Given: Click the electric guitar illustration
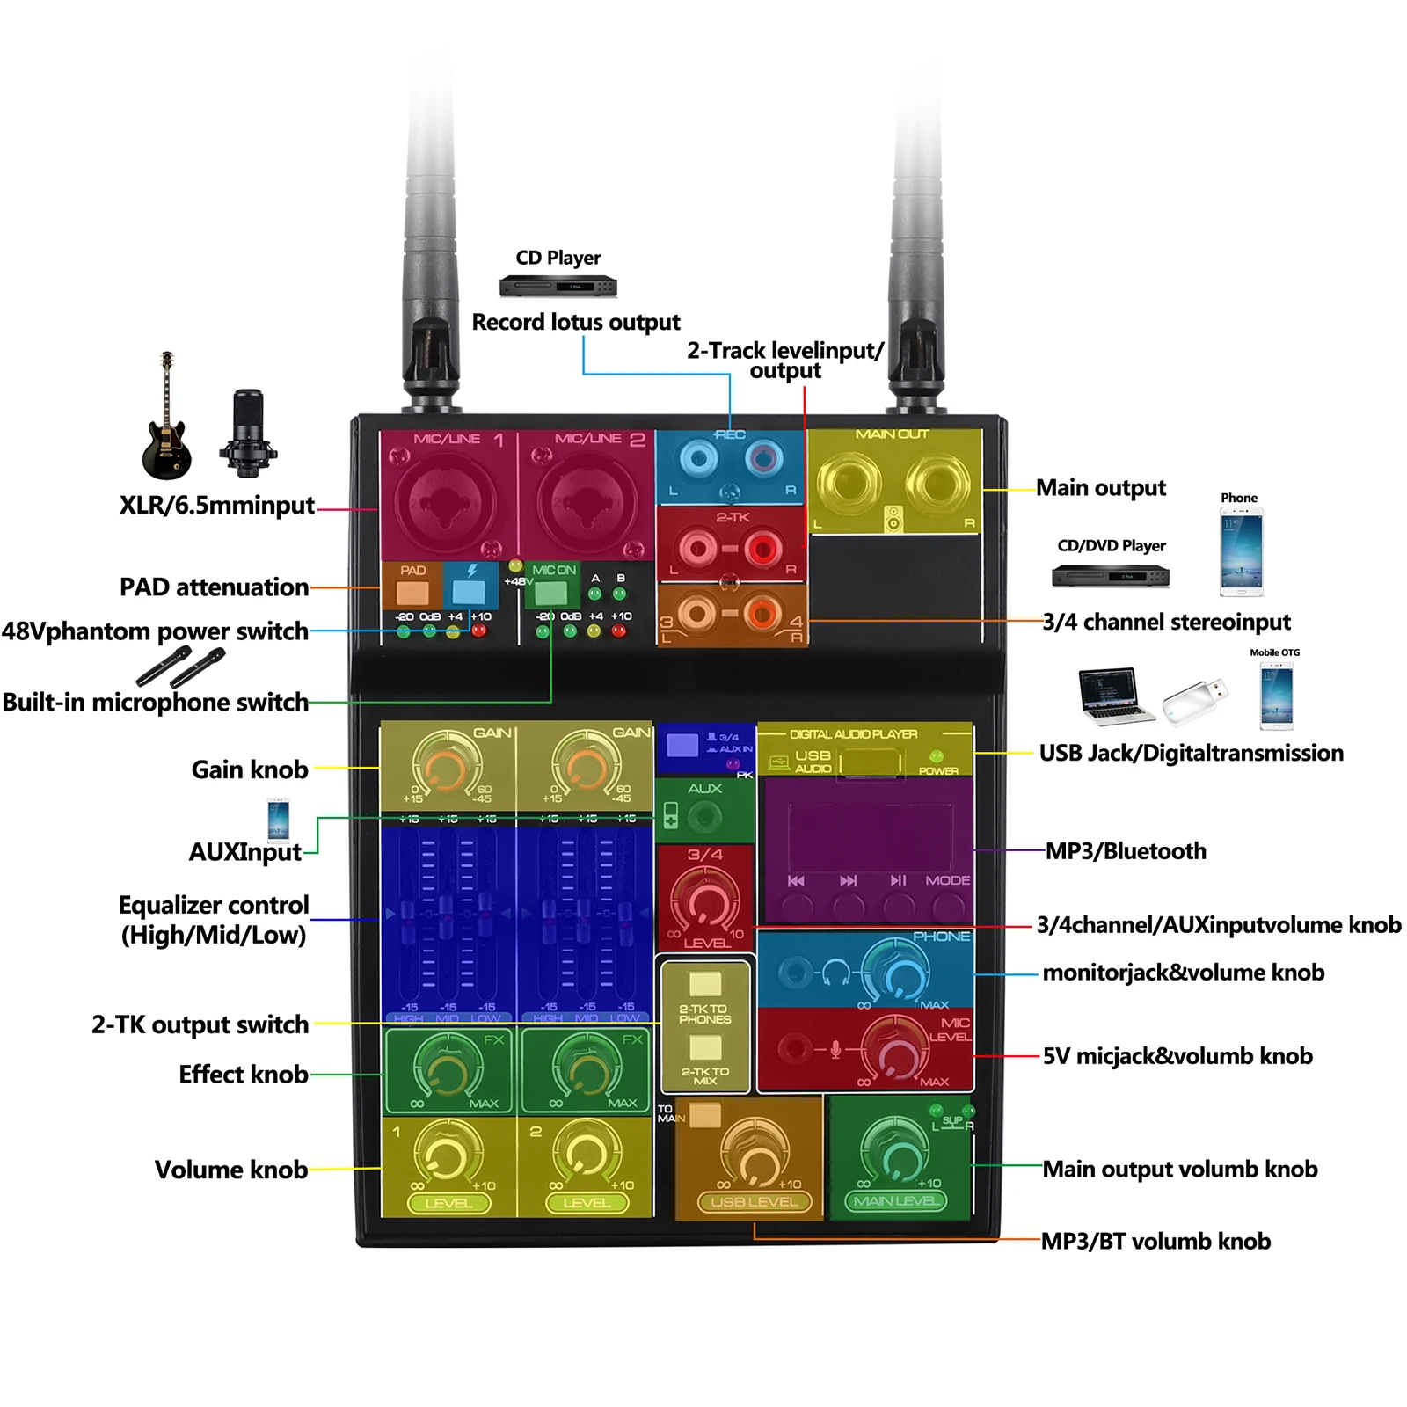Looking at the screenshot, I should tap(166, 422).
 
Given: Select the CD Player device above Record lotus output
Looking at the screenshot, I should tap(558, 287).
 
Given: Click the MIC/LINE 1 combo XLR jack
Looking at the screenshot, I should tap(446, 502).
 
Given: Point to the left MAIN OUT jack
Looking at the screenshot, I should tap(849, 483).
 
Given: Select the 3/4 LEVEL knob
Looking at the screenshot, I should tap(705, 901).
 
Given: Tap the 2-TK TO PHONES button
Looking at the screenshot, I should tap(705, 984).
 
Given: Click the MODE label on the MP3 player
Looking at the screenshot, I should tap(947, 880).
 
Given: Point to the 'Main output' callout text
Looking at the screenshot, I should tap(1100, 488).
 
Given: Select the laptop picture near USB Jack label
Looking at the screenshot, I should tap(1115, 696).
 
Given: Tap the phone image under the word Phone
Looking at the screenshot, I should tap(1241, 555).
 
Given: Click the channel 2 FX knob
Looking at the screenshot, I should tap(587, 1068).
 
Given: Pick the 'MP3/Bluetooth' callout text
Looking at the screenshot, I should tap(1126, 851).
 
